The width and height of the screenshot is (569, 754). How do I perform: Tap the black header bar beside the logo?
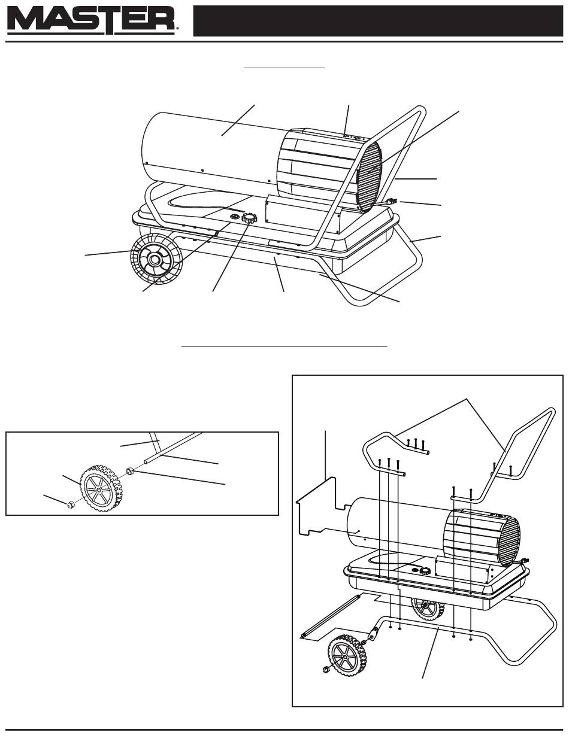378,20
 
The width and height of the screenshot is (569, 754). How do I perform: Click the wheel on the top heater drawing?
156,259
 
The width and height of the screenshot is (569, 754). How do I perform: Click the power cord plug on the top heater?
391,202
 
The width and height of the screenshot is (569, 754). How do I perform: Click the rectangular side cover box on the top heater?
302,213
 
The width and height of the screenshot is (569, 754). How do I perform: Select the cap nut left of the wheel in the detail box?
71,504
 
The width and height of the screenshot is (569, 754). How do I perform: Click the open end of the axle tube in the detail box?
146,462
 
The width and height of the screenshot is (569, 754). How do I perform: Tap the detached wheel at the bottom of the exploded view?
347,653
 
